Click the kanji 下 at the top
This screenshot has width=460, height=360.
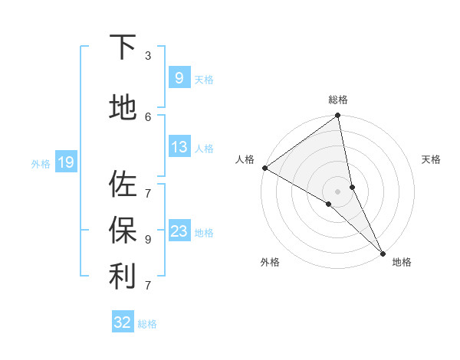123,47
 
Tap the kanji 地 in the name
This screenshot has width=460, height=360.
123,108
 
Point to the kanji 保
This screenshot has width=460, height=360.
123,231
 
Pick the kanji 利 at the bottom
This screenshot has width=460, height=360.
123,277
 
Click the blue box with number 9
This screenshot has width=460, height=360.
179,78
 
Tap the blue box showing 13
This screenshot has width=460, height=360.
179,147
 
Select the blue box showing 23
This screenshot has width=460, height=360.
179,231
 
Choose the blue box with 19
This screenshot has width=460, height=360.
65,162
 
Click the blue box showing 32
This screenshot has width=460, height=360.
123,322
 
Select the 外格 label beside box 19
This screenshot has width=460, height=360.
40,163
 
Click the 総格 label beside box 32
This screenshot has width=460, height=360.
147,324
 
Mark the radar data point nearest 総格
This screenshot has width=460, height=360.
337,116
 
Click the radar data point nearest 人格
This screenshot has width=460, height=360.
264,168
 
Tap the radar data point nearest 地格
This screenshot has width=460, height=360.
382,253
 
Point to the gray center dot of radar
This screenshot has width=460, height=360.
337,191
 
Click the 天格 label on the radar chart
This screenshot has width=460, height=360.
431,159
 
